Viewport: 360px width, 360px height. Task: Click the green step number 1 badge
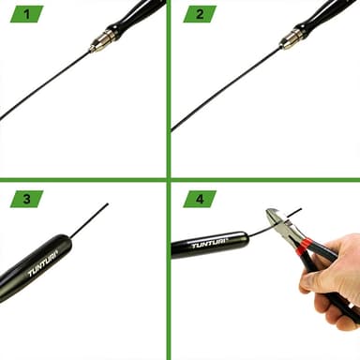click(x=27, y=14)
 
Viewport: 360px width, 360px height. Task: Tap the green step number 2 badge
click(x=200, y=14)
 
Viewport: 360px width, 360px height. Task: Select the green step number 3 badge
click(x=27, y=199)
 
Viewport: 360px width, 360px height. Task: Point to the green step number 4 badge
click(x=200, y=199)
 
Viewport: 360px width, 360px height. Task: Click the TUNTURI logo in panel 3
click(x=43, y=262)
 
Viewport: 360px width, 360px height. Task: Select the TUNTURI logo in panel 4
click(x=209, y=245)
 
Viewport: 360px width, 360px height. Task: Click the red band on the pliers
click(x=304, y=247)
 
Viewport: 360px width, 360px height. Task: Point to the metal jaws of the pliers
click(x=280, y=224)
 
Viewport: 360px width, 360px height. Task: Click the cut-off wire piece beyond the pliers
click(x=293, y=213)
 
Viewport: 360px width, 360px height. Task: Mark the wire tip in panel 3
click(x=108, y=203)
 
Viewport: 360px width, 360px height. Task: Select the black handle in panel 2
click(x=325, y=16)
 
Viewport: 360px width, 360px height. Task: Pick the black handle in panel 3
click(x=35, y=268)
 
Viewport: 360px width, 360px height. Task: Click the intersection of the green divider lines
click(x=169, y=180)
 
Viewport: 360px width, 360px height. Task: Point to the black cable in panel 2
click(x=226, y=90)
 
